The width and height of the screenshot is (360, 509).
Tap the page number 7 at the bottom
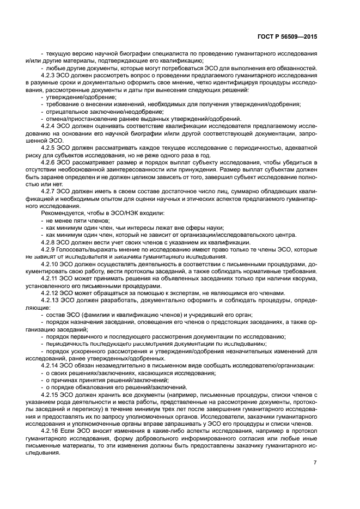click(x=314, y=463)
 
